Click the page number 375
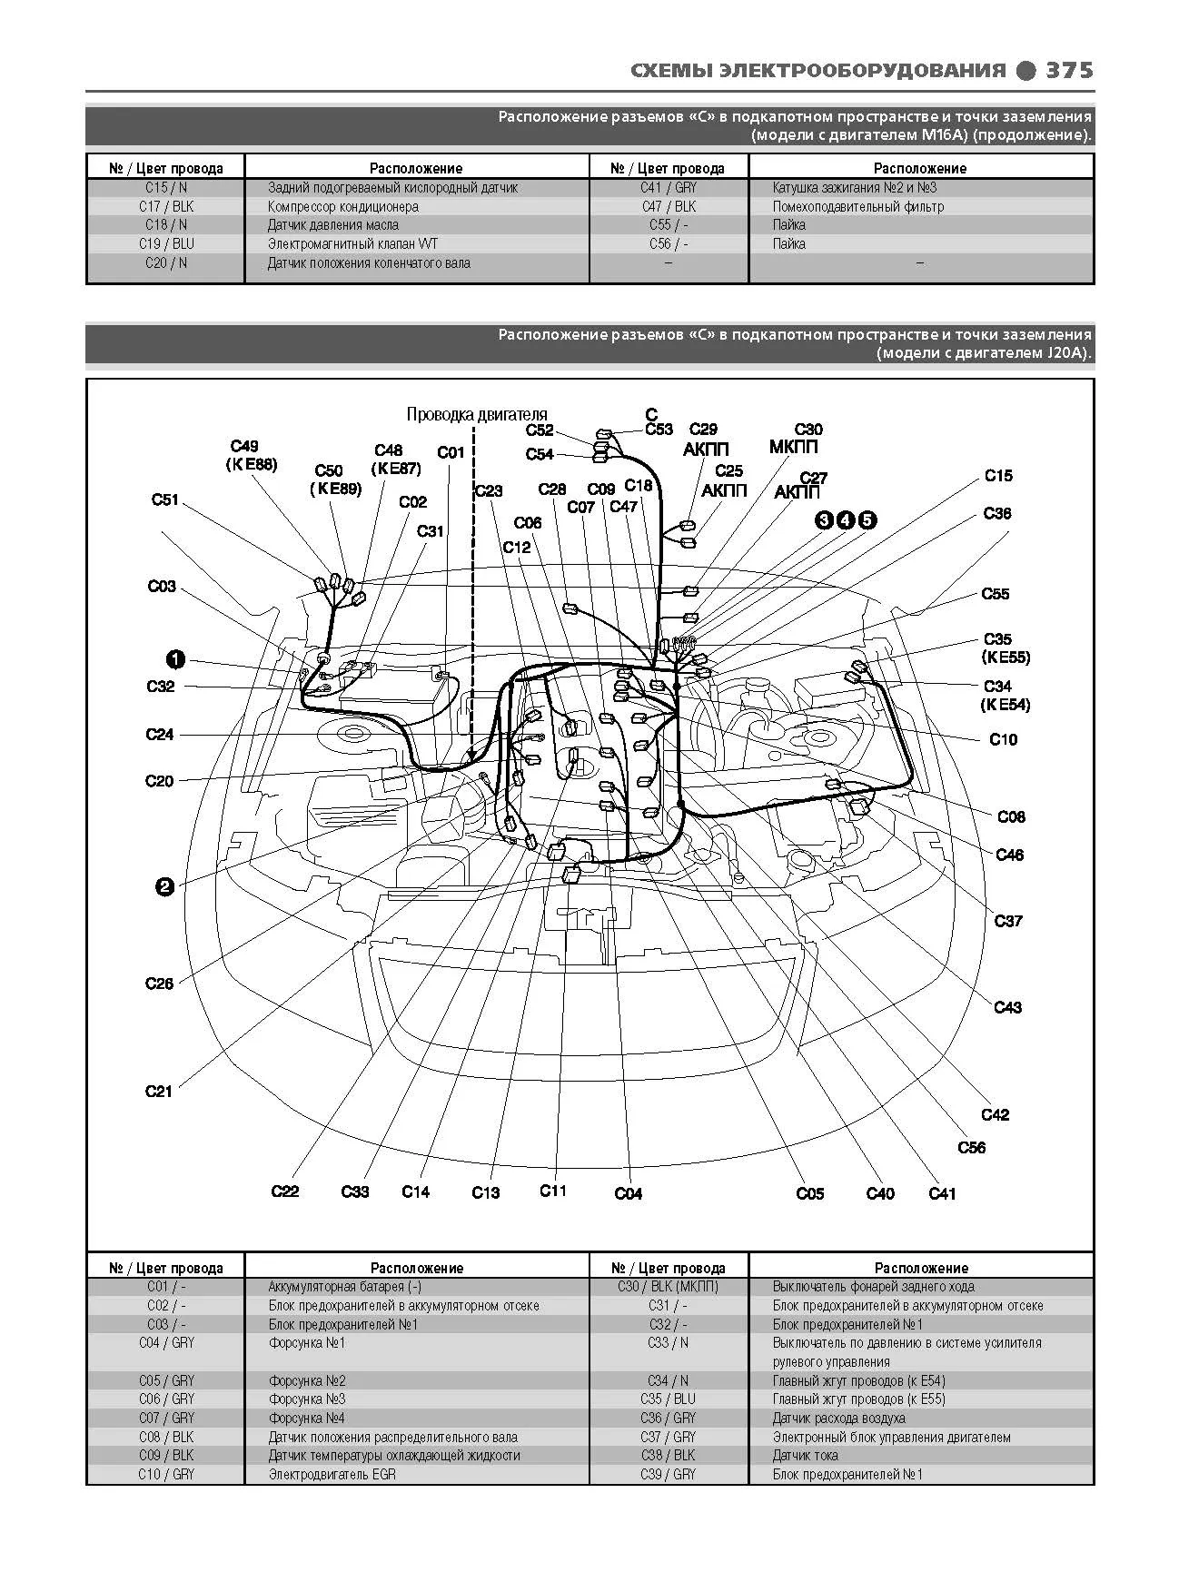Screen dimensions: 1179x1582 [1069, 70]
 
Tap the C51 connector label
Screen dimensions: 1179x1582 [165, 499]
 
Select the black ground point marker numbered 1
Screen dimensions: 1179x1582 [175, 659]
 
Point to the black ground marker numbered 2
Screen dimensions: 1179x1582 [164, 887]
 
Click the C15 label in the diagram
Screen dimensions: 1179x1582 [998, 475]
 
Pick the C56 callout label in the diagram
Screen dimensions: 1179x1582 [972, 1147]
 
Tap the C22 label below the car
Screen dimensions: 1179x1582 [285, 1191]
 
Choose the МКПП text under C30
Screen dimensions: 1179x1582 [793, 447]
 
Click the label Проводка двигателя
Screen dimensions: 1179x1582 [477, 414]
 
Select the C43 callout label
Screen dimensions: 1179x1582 [1008, 1006]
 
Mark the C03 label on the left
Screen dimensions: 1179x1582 [162, 586]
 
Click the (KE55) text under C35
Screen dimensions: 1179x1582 [1006, 657]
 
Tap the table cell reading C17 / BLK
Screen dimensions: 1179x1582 [167, 206]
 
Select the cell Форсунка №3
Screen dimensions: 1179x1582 [307, 1399]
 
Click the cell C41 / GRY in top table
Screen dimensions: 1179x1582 [669, 187]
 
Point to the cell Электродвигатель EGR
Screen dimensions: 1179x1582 [332, 1474]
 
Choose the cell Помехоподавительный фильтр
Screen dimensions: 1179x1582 [858, 206]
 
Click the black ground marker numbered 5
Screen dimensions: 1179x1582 [867, 519]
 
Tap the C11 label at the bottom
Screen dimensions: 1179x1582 [553, 1190]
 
